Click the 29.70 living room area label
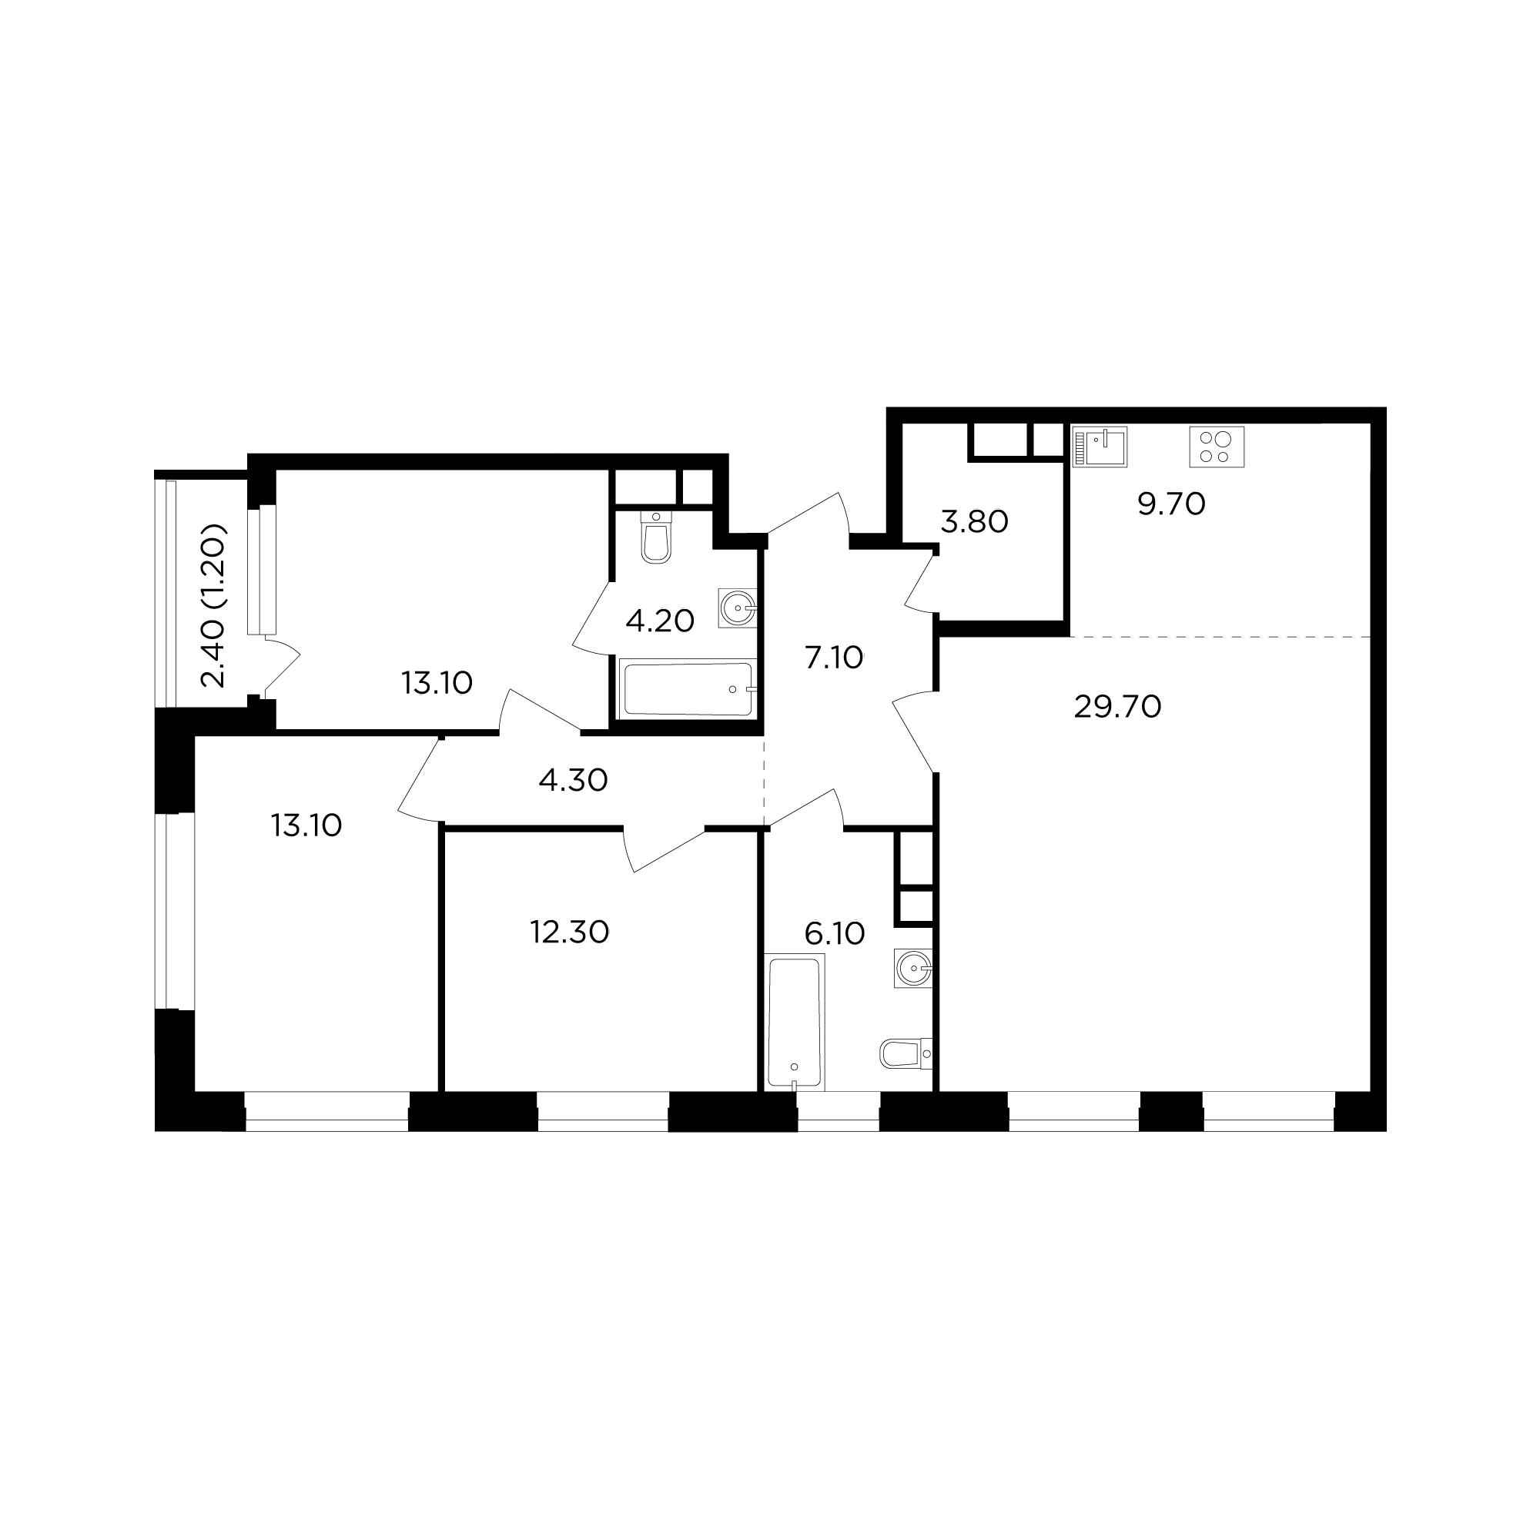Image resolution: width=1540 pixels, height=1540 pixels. point(1116,707)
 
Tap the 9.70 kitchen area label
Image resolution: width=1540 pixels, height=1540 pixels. point(1171,504)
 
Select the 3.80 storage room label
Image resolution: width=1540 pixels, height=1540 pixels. point(974,521)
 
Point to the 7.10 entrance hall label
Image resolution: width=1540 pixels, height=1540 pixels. point(834,658)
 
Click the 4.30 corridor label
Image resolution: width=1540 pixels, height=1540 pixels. point(573,779)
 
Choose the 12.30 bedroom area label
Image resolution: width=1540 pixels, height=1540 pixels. point(569,932)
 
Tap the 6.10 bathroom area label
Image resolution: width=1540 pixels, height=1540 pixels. point(835,932)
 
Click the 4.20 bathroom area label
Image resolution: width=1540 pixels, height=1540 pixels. point(660,620)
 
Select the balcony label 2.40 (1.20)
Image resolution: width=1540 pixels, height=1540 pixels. point(214,606)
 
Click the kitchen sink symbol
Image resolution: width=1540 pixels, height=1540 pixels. point(1100,447)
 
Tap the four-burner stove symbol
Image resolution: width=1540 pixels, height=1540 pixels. point(1217,447)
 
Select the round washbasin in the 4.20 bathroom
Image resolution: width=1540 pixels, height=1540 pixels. point(738,608)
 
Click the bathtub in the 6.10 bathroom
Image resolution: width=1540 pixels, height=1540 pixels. point(795,1022)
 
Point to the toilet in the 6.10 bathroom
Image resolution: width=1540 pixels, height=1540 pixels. point(906,1053)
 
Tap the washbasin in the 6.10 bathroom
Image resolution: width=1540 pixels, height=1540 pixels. point(913,969)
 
